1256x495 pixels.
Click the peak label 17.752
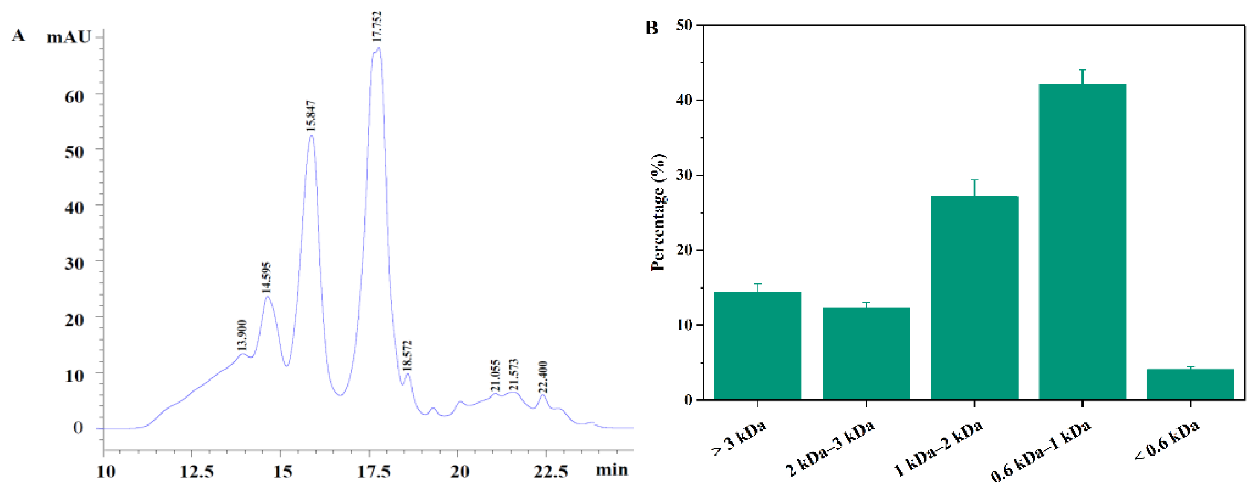pos(377,26)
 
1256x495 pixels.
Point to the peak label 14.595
pos(266,277)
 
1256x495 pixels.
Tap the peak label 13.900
pos(242,335)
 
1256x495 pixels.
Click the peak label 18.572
pos(407,356)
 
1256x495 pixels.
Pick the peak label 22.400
pos(543,377)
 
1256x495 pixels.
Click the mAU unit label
pos(69,37)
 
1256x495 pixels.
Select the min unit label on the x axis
pos(612,470)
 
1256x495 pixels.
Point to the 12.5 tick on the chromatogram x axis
pos(196,471)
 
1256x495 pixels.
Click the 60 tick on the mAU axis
pos(74,96)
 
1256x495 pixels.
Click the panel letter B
pos(652,28)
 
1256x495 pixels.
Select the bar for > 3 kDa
pos(758,346)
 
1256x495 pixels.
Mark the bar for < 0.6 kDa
pos(1190,384)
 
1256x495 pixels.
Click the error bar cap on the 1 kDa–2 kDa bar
pos(974,180)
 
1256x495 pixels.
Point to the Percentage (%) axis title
pos(658,212)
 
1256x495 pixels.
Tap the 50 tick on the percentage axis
pos(685,25)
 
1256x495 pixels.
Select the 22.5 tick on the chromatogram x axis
pos(550,471)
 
